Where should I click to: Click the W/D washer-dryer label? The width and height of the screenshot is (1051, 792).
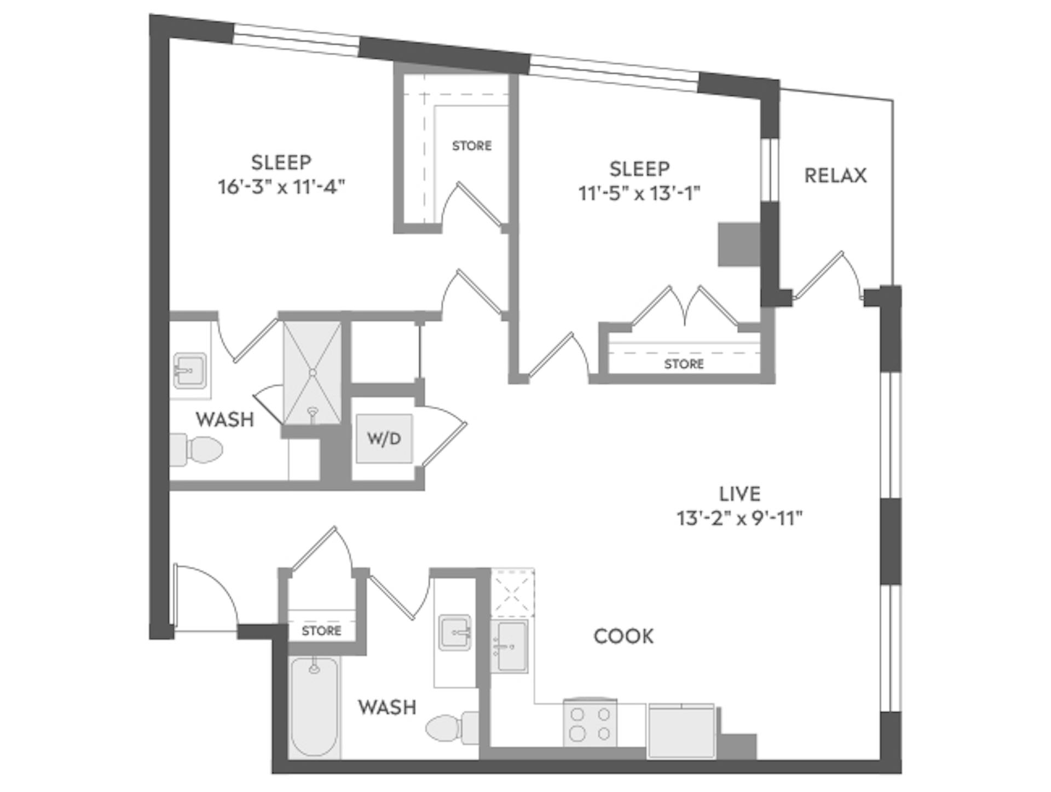[x=384, y=438]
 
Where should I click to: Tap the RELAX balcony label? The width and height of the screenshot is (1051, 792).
[x=835, y=176]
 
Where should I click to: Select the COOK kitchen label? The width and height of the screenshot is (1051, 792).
[x=623, y=636]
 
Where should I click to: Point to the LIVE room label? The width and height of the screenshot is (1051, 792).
[x=740, y=494]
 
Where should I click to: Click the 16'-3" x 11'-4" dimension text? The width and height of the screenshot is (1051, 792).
[x=281, y=187]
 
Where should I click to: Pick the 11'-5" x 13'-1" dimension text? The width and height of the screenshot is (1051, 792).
[x=639, y=193]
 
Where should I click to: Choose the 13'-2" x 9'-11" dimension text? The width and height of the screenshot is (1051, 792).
[x=740, y=518]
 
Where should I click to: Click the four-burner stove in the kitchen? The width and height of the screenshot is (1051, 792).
[x=590, y=724]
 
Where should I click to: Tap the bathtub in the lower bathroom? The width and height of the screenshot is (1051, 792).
[x=314, y=707]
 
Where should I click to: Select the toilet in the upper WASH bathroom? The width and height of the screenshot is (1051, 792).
[x=197, y=449]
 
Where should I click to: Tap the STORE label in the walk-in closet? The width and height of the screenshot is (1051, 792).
[x=471, y=146]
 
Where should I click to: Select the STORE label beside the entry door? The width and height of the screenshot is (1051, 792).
[x=321, y=631]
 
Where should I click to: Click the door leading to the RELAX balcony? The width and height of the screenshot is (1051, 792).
[x=824, y=276]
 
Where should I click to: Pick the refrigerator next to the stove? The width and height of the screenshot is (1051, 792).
[x=682, y=731]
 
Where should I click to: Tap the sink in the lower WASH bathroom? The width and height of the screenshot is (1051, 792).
[x=454, y=633]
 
